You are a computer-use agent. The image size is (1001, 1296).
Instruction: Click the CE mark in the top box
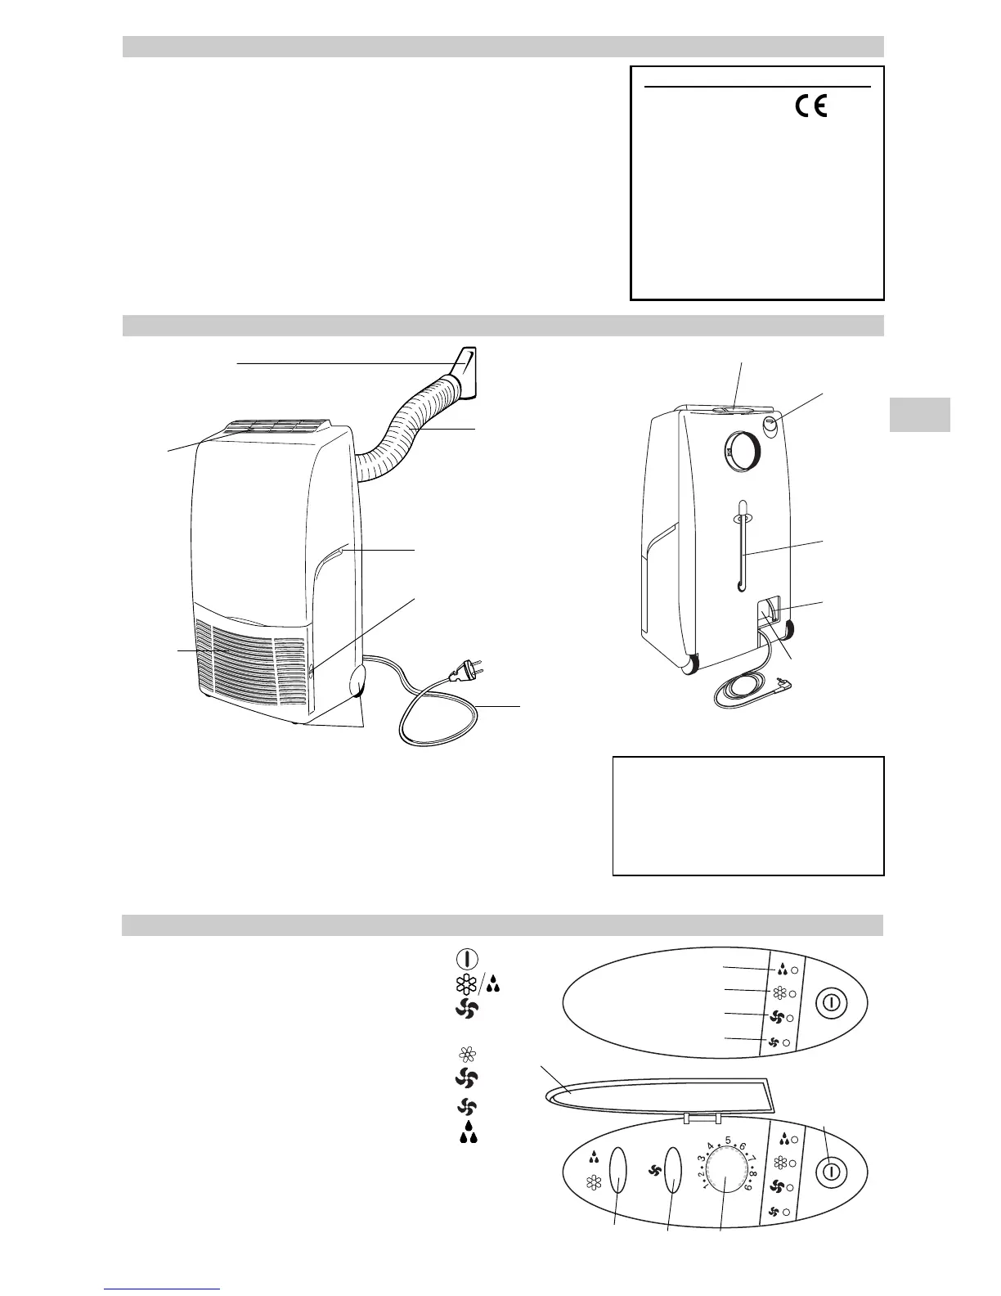810,108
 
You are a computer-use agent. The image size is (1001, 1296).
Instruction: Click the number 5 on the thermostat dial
728,1141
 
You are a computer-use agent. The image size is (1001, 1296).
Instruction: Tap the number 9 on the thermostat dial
747,1207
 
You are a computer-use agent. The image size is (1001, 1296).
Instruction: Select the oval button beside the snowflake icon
618,1170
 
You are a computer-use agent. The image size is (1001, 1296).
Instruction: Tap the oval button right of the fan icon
674,1170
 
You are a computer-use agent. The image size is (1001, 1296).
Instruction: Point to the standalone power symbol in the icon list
466,960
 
